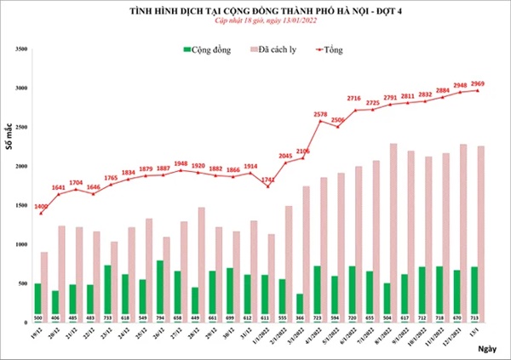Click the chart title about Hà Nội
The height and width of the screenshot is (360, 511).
pyautogui.click(x=255, y=9)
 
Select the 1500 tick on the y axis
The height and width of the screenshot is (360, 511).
pyautogui.click(x=21, y=205)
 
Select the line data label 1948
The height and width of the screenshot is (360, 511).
pyautogui.click(x=180, y=163)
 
